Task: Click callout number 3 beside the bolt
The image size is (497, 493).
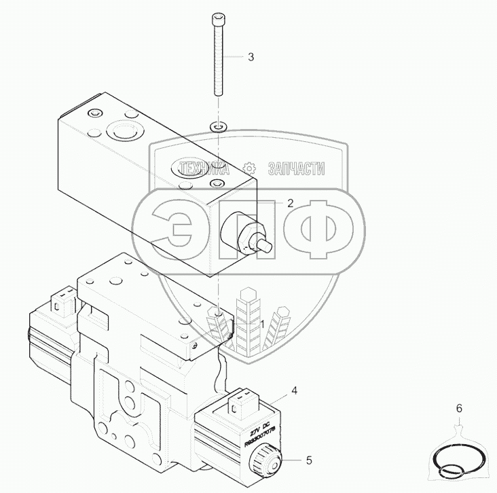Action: [251, 57]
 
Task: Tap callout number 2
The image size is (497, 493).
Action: [290, 202]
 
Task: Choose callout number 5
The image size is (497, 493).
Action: [309, 462]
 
